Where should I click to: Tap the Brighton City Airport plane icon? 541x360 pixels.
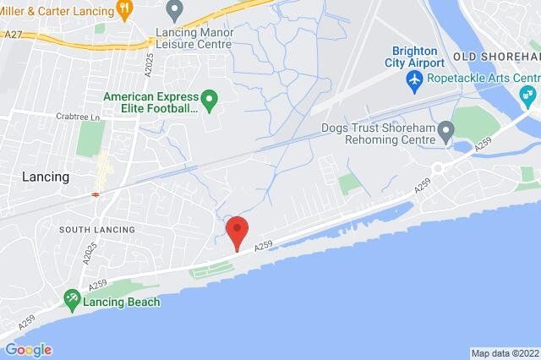coord(414,80)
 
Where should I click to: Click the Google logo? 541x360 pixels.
coord(28,350)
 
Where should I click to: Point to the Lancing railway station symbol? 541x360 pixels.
coord(96,194)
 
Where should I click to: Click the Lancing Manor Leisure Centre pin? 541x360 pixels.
coord(175,11)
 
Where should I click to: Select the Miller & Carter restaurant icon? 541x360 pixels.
coord(125,9)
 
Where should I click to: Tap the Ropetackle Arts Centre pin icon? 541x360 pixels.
coord(530,93)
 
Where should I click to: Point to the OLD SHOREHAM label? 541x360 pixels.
coord(495,56)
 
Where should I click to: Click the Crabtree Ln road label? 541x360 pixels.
coord(79,117)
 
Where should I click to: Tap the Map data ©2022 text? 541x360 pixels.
coord(504,353)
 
